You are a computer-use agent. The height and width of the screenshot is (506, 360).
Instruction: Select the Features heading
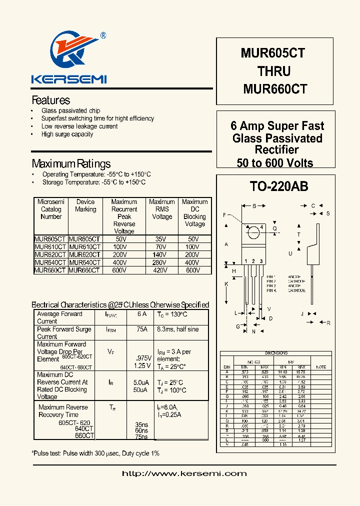tap(50, 100)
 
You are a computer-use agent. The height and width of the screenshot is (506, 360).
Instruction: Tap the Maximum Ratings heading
tap(71, 163)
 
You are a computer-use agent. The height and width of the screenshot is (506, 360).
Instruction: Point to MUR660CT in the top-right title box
tap(275, 89)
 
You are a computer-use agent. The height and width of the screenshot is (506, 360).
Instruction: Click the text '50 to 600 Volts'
tap(275, 162)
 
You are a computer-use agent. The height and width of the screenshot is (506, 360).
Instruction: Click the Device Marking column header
tap(85, 205)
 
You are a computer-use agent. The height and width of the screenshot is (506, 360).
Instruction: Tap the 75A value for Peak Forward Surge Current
tap(142, 329)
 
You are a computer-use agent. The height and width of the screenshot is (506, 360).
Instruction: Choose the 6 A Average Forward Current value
tap(142, 314)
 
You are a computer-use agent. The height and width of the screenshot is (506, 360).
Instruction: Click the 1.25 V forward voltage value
tap(142, 366)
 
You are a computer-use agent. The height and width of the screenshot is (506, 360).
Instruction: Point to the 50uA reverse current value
tap(140, 390)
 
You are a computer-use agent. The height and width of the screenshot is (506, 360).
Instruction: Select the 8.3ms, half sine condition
tap(177, 329)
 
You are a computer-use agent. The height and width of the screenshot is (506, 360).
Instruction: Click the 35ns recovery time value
tap(141, 424)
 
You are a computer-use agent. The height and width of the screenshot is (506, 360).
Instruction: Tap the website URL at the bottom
tap(181, 473)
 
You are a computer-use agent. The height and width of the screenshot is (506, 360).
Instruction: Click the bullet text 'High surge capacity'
tap(67, 134)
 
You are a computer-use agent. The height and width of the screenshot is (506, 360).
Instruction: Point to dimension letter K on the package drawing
tap(226, 284)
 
